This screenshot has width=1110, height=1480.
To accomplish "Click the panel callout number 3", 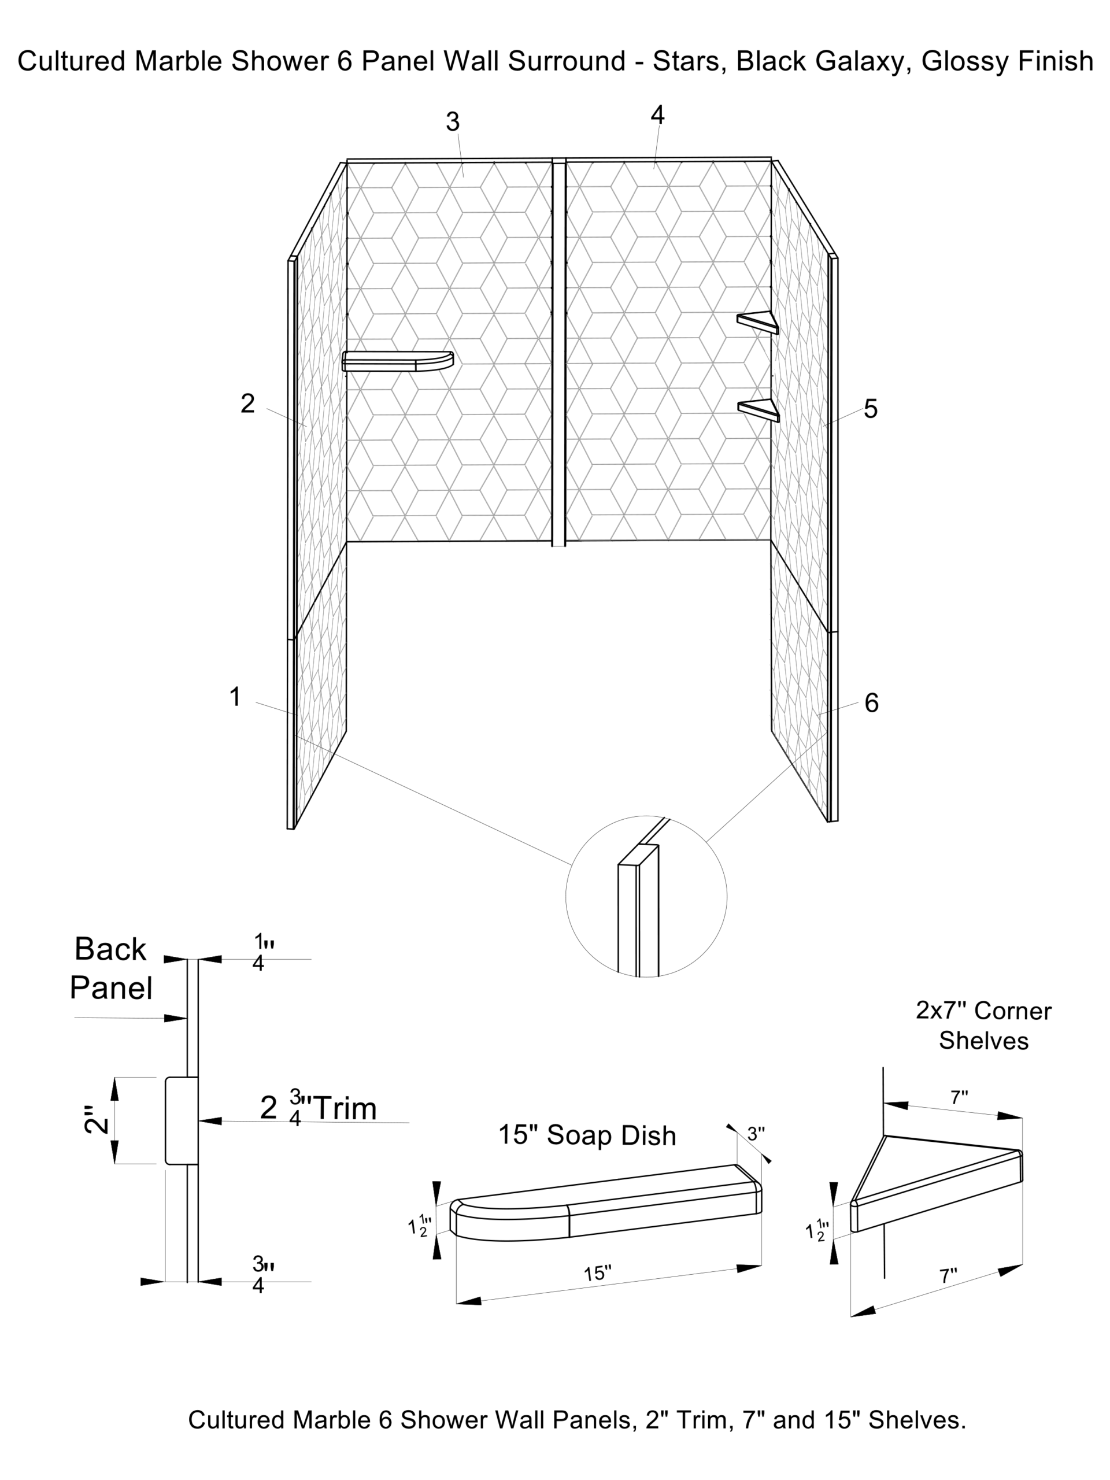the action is tap(453, 122).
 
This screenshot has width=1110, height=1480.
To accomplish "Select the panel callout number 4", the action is tap(658, 115).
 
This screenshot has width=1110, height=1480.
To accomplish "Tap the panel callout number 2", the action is tap(247, 404).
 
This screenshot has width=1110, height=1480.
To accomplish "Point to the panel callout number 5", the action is tap(871, 409).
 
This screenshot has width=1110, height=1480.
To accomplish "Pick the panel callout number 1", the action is tap(235, 697).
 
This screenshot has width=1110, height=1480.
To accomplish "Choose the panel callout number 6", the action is tap(871, 702).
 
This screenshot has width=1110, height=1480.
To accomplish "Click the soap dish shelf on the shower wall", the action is tap(397, 361).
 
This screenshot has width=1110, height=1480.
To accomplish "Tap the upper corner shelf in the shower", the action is tap(758, 322).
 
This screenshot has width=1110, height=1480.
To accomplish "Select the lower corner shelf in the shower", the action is tap(758, 410).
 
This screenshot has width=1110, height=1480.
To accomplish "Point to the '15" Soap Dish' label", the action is tap(587, 1135).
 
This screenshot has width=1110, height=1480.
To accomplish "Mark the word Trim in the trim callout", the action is tap(345, 1109).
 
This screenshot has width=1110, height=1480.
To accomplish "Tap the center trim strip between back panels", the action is tap(558, 352).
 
